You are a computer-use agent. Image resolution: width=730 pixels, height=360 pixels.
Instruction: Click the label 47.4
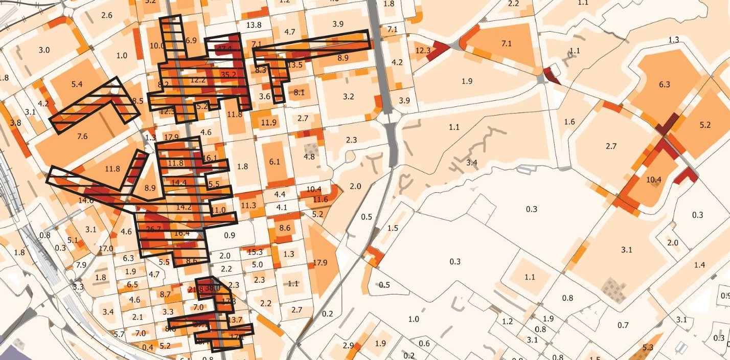coord(224,49)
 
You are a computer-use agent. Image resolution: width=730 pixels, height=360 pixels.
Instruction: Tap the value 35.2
coord(229,75)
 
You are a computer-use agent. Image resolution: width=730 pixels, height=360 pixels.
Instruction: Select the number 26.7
coord(153,229)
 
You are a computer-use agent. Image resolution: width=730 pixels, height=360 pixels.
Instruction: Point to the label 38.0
coord(213,288)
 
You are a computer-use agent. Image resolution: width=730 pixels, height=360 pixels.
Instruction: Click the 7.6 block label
coord(82,136)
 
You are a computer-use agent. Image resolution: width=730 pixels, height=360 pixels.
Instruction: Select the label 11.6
coord(320,199)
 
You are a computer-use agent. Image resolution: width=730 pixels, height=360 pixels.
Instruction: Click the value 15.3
coord(255,252)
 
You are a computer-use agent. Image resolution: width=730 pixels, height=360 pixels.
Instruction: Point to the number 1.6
coord(569,122)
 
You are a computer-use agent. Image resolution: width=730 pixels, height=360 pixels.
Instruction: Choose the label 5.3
coord(648,348)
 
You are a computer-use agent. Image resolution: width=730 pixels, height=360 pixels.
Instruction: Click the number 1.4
coord(699,264)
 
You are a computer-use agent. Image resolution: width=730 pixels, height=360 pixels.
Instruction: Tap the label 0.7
coord(623,325)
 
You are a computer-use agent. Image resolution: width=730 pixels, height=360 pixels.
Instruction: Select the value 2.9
coord(348,346)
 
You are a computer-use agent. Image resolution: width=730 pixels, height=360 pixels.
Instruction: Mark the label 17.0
coord(106,249)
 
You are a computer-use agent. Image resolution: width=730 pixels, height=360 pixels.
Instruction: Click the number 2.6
coord(107,15)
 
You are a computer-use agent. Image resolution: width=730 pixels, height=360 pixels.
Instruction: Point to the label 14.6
coord(86,201)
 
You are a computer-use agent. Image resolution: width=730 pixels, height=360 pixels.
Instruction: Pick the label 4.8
coord(309,157)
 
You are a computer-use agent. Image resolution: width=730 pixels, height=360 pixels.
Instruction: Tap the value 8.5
coord(138,101)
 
